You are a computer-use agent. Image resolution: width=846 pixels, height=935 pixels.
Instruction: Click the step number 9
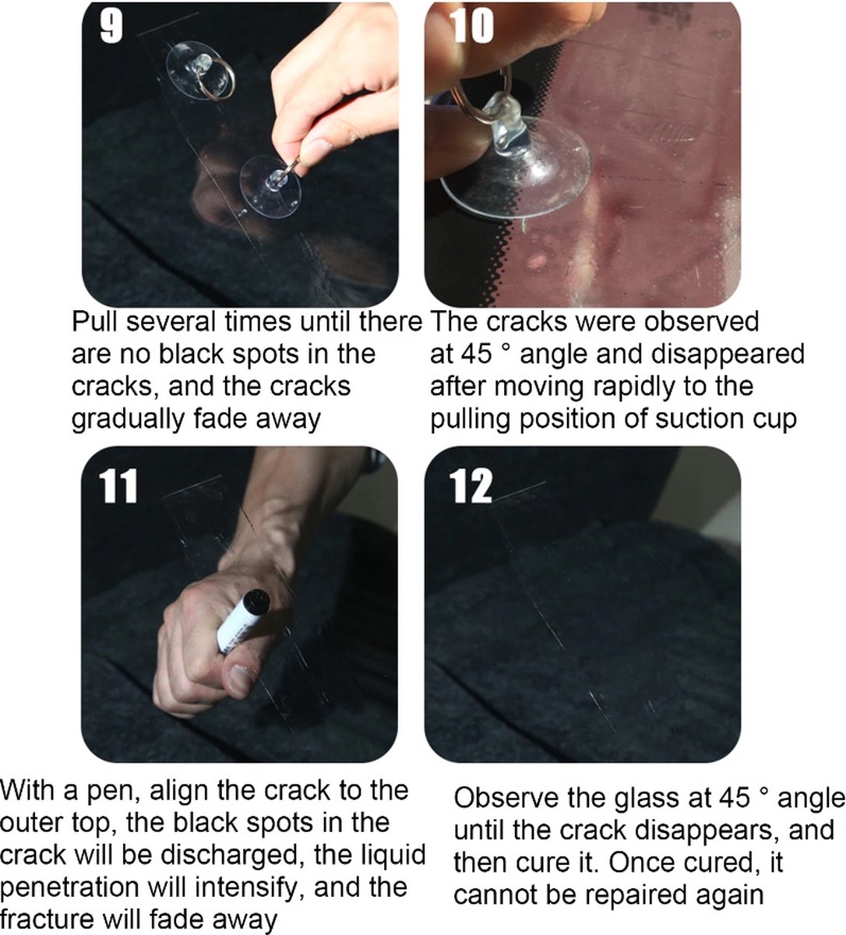pos(111,26)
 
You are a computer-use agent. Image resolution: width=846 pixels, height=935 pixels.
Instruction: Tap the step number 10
pos(473,26)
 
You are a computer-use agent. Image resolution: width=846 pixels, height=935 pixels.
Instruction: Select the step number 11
pos(119,485)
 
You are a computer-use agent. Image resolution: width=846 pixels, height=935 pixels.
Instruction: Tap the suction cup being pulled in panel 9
pos(270,186)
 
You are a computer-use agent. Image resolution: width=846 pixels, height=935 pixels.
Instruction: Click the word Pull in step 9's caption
pos(96,321)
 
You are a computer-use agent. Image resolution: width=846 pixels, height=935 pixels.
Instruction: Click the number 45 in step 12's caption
pos(735,799)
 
